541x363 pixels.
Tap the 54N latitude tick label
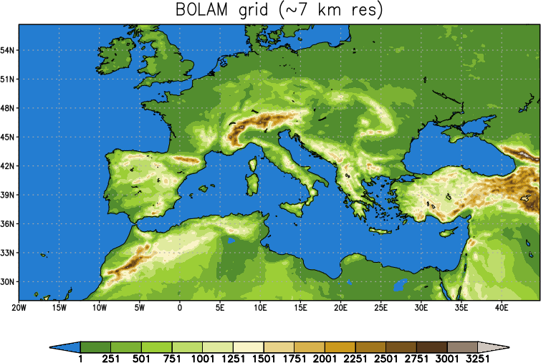pos(9,50)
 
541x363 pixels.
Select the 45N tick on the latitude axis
pos(9,137)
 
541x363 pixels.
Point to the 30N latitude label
pos(9,281)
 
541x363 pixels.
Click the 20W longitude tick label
pos(19,307)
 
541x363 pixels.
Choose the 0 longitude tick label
pos(180,307)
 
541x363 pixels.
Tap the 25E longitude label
pos(380,307)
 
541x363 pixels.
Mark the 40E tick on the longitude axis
pos(501,307)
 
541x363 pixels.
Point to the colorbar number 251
pos(111,359)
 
